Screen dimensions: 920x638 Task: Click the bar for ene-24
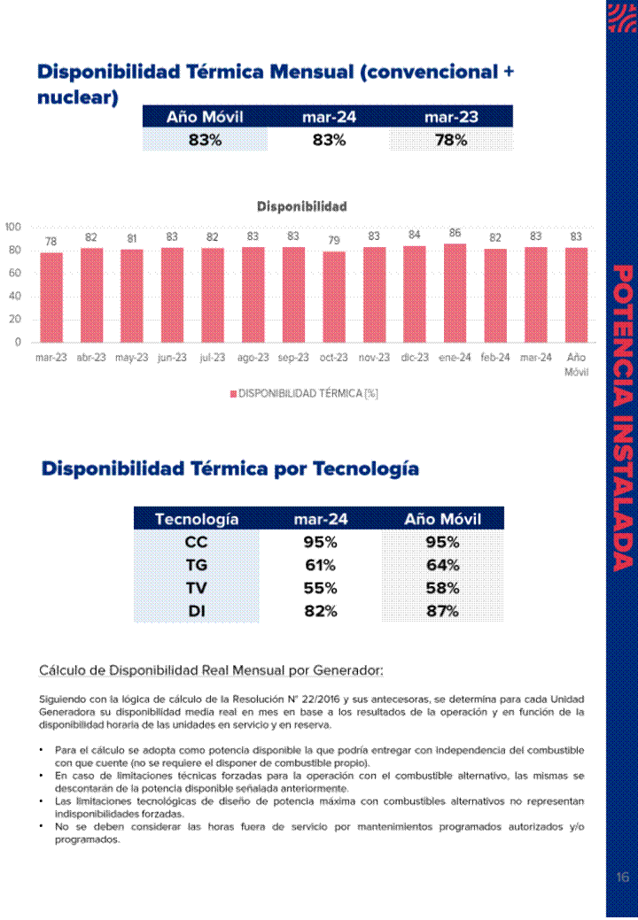455,293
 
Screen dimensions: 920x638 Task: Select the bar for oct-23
333,297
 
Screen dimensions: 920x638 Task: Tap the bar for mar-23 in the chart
51,298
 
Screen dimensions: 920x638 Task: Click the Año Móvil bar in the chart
576,295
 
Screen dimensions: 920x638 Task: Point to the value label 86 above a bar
455,233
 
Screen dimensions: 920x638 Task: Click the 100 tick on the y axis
12,227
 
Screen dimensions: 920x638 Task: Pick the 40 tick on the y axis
15,297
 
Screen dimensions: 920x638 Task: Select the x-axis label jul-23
213,358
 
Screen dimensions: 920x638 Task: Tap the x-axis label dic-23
415,358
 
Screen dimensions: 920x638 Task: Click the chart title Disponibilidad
301,206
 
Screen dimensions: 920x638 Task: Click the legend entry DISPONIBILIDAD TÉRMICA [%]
304,393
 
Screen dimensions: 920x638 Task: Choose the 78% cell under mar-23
451,140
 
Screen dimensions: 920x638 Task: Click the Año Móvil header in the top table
205,117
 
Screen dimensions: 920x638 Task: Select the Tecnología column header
196,519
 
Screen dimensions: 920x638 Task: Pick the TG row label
196,565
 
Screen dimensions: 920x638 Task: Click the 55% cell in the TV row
320,588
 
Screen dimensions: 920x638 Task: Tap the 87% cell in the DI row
442,611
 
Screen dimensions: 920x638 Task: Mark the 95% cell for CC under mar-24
320,542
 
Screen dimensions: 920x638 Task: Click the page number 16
622,877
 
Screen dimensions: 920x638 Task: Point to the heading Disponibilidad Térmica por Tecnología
230,468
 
